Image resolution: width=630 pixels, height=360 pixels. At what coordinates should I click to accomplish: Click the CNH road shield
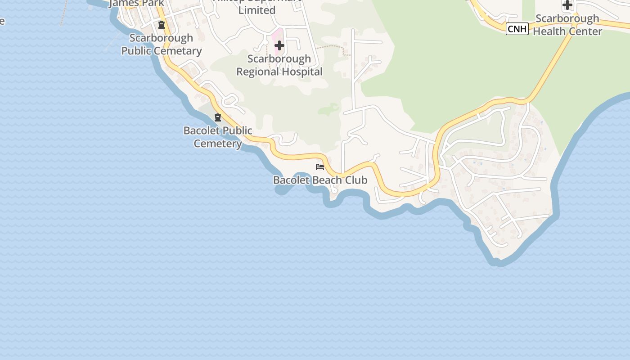coord(517,29)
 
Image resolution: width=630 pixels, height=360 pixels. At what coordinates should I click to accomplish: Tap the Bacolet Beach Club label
coord(320,180)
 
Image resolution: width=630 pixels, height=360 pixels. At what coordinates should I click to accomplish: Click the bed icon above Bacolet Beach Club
coord(320,167)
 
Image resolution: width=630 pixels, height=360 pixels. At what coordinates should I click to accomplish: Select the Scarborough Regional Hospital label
coord(279,65)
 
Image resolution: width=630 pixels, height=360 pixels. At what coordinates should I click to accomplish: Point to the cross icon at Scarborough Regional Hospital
coord(279,45)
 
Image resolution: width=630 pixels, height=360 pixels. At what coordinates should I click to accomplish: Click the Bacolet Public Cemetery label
coord(218,137)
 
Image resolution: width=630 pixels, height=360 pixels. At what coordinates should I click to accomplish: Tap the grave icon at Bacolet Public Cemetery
coord(218,117)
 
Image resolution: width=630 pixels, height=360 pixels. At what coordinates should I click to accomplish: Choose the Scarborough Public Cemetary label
coord(162,44)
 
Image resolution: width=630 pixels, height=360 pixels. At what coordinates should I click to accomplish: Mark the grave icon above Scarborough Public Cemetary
coord(162,24)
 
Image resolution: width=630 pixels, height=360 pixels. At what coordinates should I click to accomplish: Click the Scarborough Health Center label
coord(567,25)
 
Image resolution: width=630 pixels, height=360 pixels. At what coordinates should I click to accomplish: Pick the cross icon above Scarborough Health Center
coord(567,5)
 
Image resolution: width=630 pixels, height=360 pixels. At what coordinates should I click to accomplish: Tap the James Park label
coord(136,3)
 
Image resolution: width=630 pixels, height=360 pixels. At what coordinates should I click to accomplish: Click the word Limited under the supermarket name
coord(257,10)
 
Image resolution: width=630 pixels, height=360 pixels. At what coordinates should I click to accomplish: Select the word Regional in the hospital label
coord(257,72)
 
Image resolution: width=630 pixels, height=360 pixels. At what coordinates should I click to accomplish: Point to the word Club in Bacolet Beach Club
coord(356,180)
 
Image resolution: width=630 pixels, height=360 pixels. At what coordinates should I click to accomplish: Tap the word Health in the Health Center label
coord(548,31)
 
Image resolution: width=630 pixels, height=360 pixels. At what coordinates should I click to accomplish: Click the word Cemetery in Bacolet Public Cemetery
coord(218,144)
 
